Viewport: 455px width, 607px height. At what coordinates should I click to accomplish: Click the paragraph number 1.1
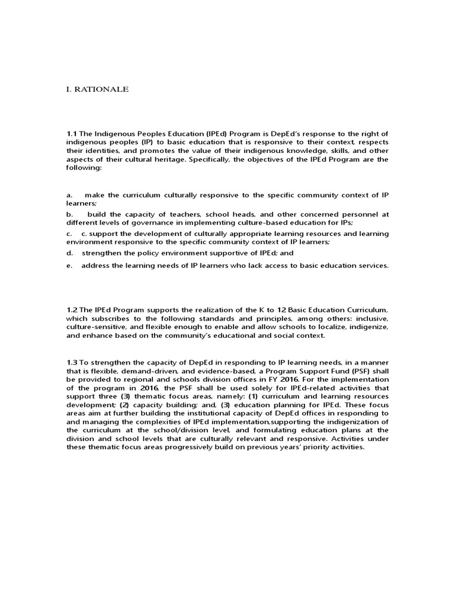72,133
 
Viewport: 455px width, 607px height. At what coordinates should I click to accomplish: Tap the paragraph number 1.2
72,310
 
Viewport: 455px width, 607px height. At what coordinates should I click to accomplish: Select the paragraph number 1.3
72,362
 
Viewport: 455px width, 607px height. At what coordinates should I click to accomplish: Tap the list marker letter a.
69,195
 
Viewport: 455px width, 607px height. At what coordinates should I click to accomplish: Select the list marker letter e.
69,266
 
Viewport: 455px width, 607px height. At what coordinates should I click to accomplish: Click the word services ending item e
371,266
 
